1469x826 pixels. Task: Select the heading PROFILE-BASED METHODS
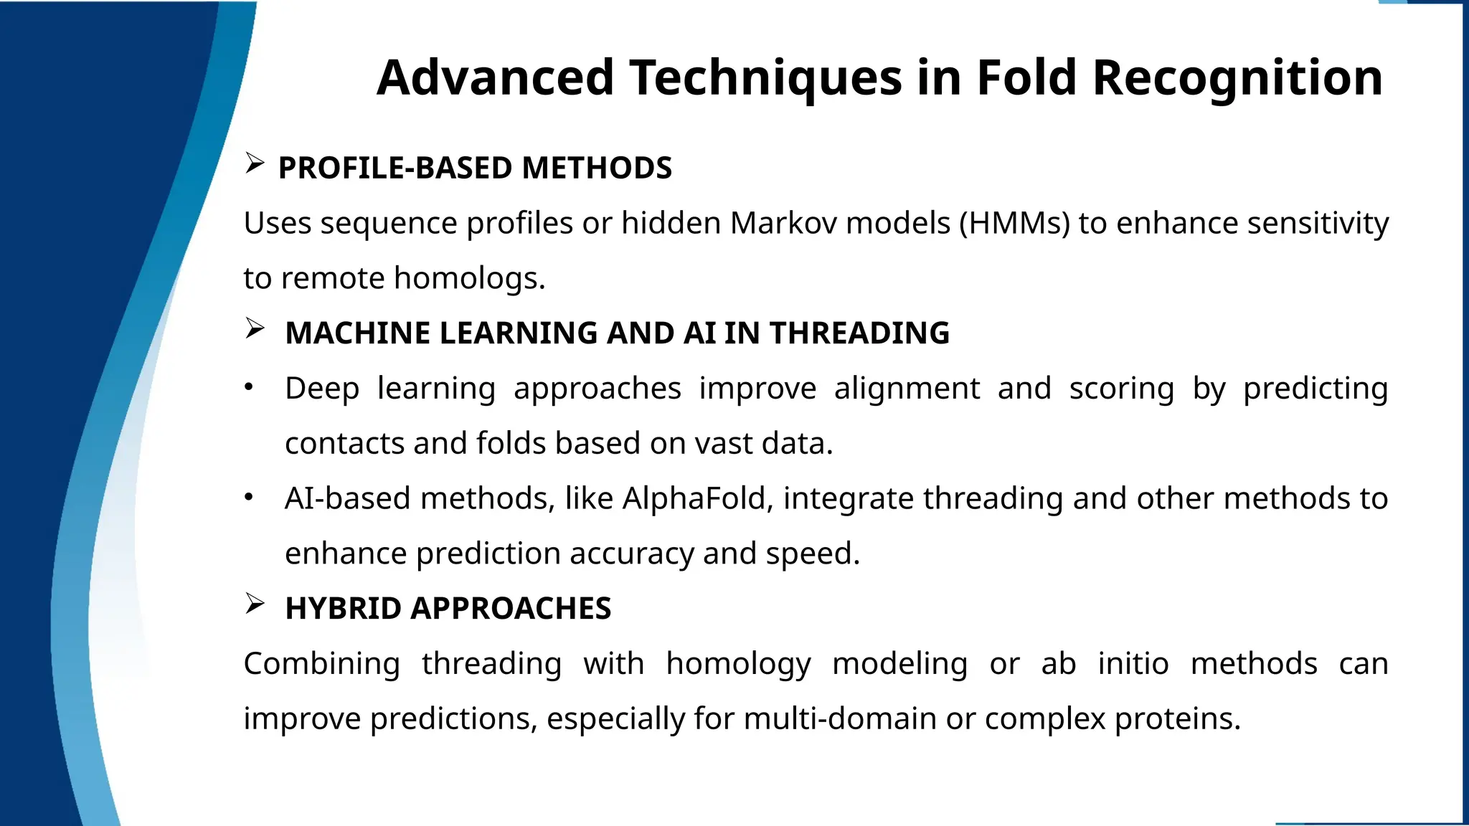point(475,168)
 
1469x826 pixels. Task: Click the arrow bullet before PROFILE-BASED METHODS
point(254,164)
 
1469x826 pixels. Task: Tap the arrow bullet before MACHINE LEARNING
point(254,329)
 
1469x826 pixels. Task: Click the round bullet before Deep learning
point(249,388)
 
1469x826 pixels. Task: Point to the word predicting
point(1316,389)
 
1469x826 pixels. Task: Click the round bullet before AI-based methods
point(249,498)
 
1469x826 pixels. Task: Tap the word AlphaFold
point(697,498)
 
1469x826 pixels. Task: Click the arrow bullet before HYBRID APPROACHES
point(254,604)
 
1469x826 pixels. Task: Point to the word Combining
point(321,664)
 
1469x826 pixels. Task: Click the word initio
point(1133,664)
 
